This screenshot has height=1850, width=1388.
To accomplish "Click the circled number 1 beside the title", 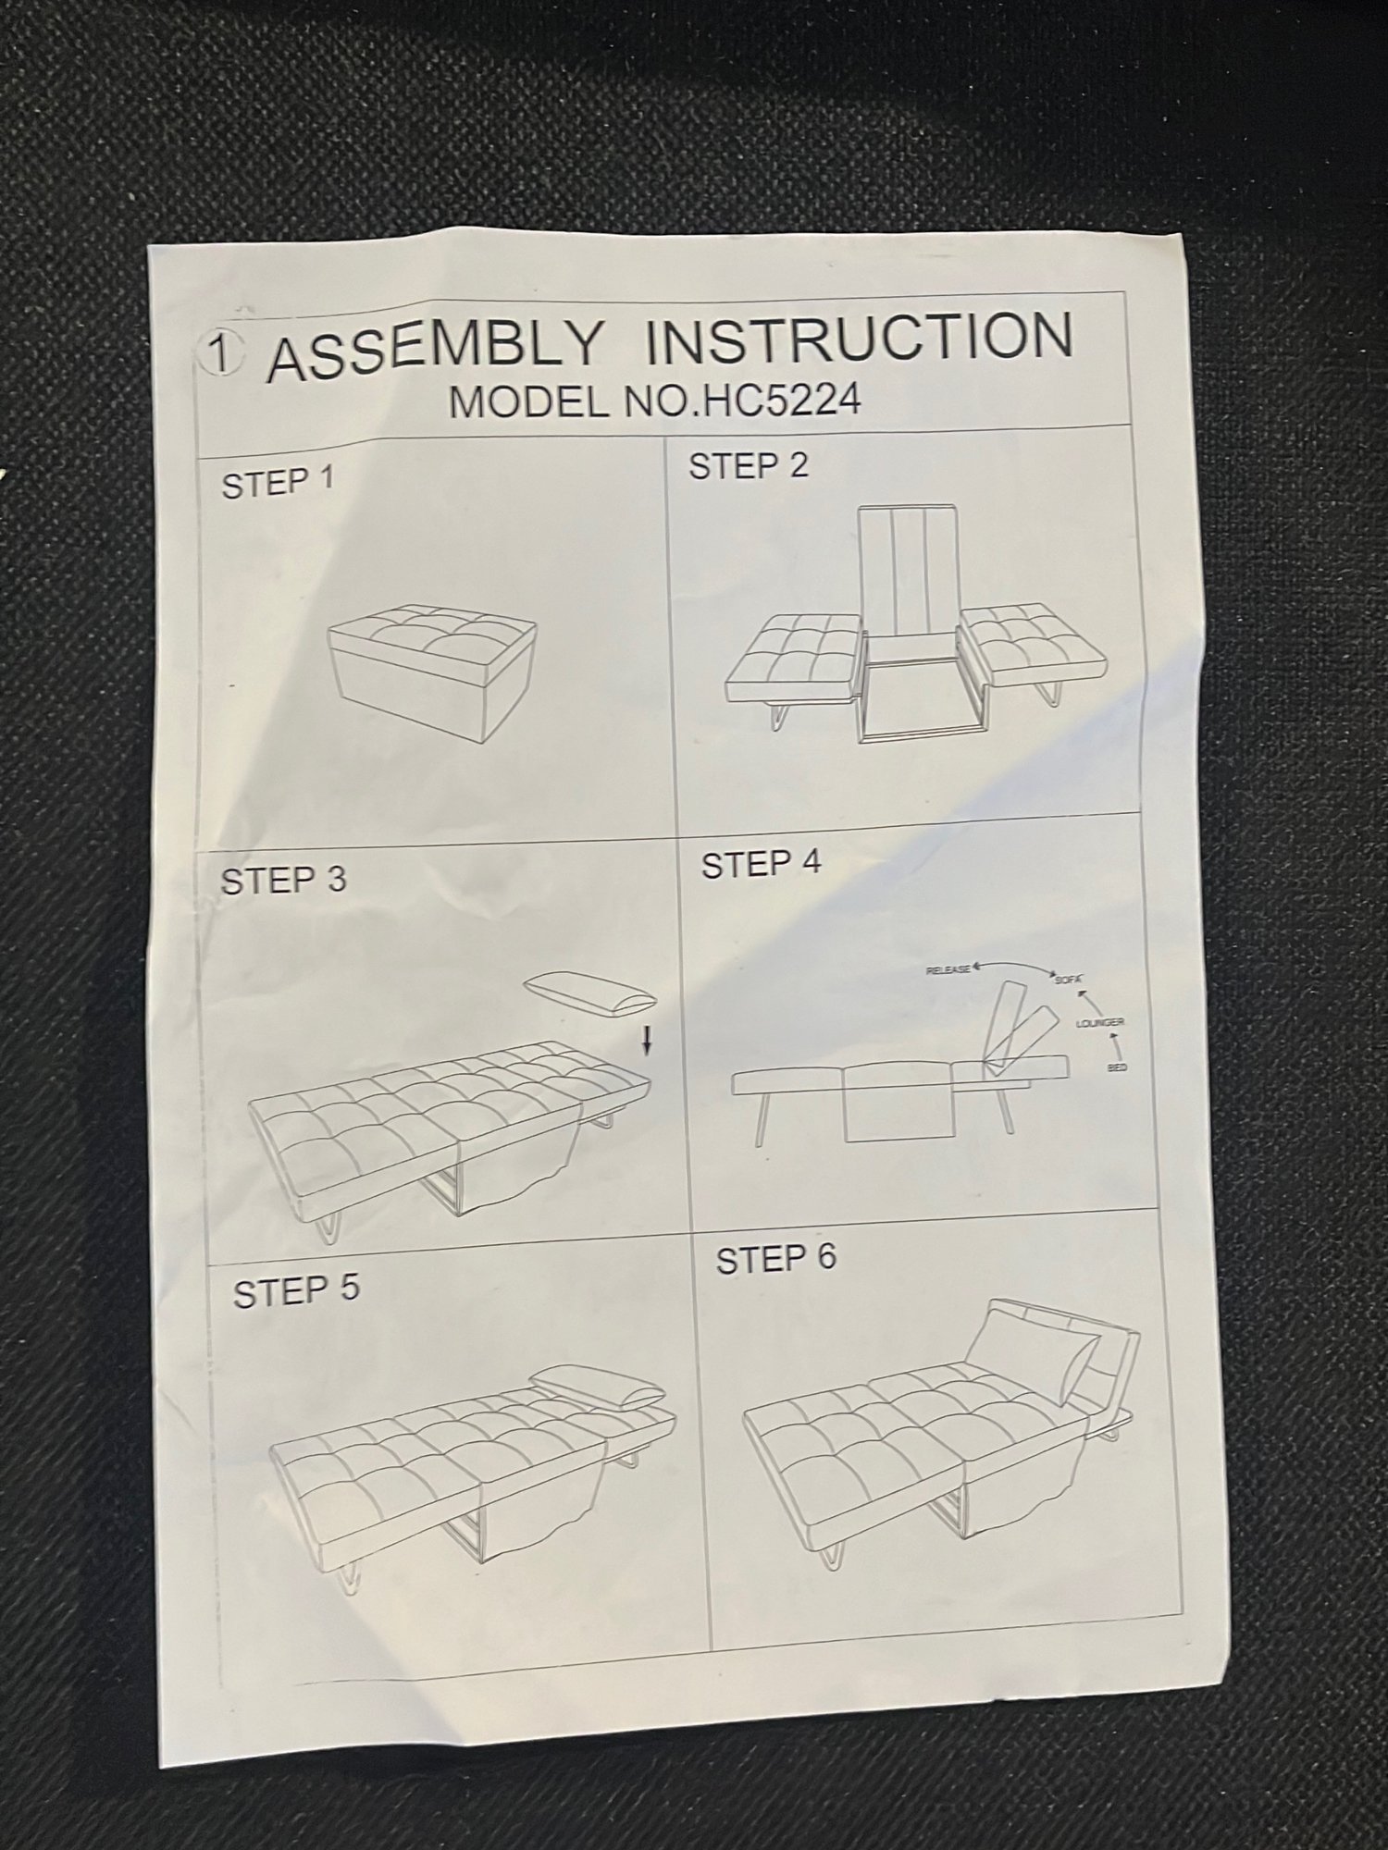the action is pos(221,354).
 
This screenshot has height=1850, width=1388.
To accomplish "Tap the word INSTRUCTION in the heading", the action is pos(860,338).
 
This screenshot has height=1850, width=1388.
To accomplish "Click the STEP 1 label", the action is pos(278,483).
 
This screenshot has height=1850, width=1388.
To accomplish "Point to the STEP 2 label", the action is pos(749,465).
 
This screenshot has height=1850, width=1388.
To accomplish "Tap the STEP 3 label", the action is pos(283,880).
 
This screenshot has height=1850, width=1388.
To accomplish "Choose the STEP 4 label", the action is pos(761,864).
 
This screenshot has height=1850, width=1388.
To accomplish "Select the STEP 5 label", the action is pos(295,1291).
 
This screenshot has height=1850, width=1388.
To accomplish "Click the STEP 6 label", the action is pos(775,1259).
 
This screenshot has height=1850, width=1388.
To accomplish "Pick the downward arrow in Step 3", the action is pos(647,1042).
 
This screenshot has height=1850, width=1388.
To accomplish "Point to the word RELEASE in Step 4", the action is pos(948,969).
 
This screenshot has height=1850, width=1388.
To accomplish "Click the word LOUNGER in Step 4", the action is pos(1099,1023).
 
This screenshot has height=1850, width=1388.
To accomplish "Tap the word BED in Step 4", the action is pos(1118,1068).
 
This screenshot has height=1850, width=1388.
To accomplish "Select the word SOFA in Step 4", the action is pos(1068,978).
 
